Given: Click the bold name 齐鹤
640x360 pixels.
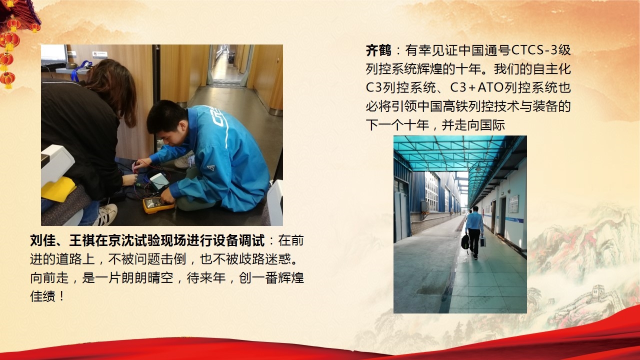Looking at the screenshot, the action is click(378, 50).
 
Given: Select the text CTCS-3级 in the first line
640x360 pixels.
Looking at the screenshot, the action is click(541, 50).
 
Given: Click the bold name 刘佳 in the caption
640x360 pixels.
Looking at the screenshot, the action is click(43, 240).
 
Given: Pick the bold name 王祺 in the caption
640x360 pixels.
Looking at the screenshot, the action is click(82, 240).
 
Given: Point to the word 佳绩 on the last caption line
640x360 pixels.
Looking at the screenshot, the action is click(43, 296).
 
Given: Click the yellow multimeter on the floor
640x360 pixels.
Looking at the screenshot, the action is click(158, 204).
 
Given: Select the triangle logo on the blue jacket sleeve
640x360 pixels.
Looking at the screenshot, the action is click(211, 167).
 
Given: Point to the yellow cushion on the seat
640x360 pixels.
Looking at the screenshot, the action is click(58, 189).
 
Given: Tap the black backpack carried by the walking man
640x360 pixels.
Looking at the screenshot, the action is click(465, 241).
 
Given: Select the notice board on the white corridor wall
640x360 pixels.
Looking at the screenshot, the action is click(513, 203).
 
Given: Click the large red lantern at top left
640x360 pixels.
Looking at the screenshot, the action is click(11, 40).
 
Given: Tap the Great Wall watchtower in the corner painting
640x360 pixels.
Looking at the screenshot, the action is click(599, 293).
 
